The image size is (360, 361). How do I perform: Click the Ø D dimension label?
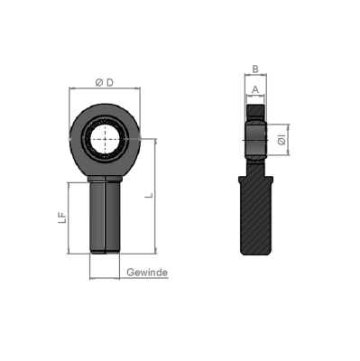click(x=104, y=83)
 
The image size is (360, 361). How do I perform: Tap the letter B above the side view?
click(x=255, y=68)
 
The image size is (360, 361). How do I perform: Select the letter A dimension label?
click(x=255, y=88)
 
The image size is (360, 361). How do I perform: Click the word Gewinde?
click(x=147, y=273)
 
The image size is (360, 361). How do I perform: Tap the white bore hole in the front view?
click(x=106, y=140)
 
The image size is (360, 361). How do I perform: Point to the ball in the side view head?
click(x=256, y=139)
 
